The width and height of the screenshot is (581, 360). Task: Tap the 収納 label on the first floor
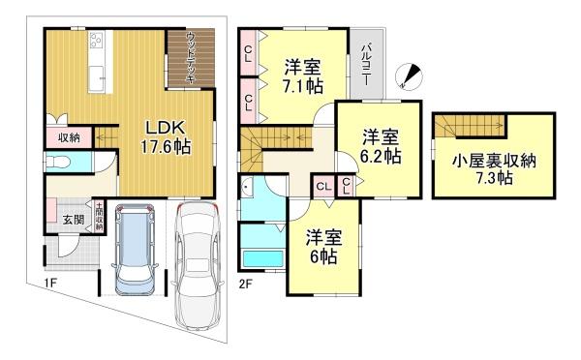[67, 137]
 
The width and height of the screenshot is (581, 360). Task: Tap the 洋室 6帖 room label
[322, 246]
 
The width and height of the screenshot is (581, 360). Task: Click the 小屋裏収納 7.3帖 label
[495, 169]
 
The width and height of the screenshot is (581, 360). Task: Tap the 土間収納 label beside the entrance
[99, 214]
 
